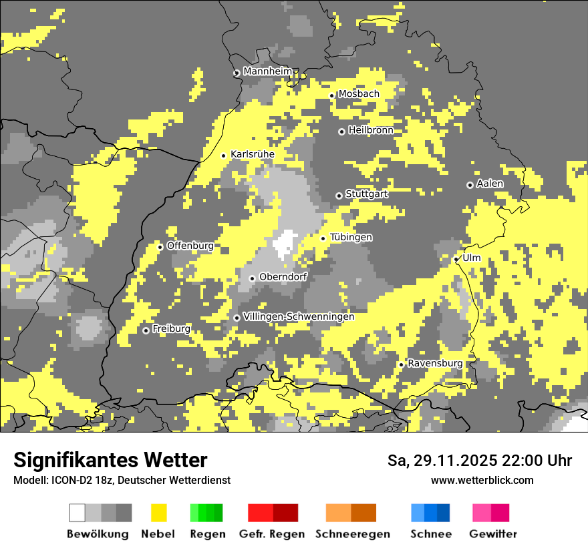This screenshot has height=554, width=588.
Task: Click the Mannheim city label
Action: (268, 71)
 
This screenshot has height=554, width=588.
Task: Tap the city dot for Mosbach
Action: (331, 95)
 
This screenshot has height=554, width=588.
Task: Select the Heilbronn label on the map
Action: (371, 130)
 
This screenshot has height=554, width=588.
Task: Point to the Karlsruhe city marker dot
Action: (224, 156)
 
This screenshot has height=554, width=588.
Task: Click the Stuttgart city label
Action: (366, 194)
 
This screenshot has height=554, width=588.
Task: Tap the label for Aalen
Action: (490, 184)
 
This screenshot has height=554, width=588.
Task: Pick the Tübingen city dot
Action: (323, 238)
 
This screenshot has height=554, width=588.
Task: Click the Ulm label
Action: (471, 258)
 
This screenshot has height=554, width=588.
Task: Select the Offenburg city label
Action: (190, 246)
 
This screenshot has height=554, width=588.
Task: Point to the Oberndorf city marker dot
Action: (252, 278)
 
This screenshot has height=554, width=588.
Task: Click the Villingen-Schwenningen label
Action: (299, 316)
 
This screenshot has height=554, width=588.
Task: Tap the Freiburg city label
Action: (171, 329)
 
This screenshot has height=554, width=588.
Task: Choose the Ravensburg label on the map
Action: (435, 363)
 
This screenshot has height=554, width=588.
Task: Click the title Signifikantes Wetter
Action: (110, 461)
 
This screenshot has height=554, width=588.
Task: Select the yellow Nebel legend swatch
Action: (159, 513)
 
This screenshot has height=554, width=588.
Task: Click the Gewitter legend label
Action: (493, 534)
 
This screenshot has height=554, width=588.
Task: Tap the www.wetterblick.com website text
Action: (482, 480)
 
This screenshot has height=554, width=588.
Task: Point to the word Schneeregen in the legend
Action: (353, 534)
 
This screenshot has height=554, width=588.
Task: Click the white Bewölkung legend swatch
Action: (78, 513)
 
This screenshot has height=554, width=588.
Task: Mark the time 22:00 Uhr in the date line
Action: (534, 461)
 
